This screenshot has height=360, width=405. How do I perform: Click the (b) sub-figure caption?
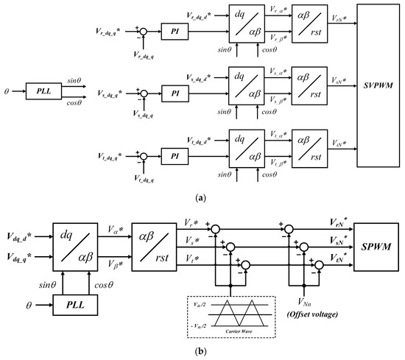[x=202, y=353]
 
